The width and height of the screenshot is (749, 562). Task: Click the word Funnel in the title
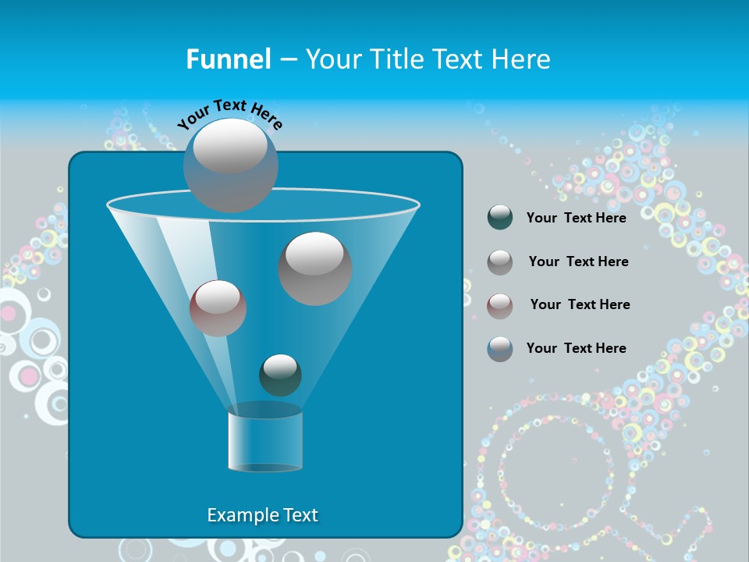pos(229,59)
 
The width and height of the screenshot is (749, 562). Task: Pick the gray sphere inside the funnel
pos(315,269)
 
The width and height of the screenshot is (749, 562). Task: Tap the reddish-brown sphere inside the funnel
pos(218,309)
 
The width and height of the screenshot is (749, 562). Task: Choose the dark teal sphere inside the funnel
pos(280,375)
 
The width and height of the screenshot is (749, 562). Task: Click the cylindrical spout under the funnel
pos(265,441)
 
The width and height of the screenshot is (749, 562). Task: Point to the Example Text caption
pos(263,515)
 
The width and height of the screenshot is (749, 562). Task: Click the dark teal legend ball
pos(500,218)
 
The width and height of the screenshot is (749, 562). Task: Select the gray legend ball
pos(500,262)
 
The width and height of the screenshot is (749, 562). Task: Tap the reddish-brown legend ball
pos(500,305)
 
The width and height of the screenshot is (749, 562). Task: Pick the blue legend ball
pos(500,348)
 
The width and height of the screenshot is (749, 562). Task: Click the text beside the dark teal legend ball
pos(576,218)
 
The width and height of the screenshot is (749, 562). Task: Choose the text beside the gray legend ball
pos(578,261)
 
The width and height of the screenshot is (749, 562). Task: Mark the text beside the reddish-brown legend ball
pos(580,304)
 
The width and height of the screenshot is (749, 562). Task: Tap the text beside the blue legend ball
pos(576,348)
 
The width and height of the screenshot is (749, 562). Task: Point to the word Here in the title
pos(520,59)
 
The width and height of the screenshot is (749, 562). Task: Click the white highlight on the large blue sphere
pos(229,146)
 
